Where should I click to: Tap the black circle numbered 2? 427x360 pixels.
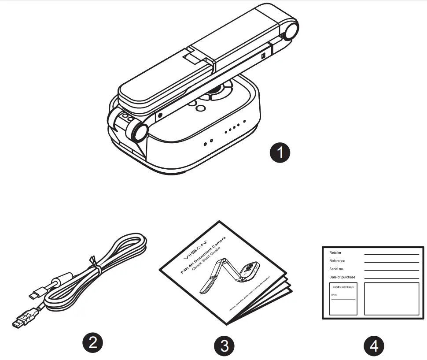coord(92,343)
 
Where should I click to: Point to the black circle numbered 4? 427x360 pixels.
coord(374,345)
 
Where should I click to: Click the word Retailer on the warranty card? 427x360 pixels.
coord(335,253)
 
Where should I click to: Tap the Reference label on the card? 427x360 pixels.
coord(337,261)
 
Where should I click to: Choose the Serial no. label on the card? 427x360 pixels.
coord(337,269)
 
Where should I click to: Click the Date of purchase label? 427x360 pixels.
coord(342,277)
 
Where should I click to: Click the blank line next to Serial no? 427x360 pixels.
coord(391,270)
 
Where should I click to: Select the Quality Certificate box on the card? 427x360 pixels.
coord(343,299)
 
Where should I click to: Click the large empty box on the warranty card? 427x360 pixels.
coord(391,299)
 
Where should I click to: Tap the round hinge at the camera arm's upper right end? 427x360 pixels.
coord(290,31)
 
